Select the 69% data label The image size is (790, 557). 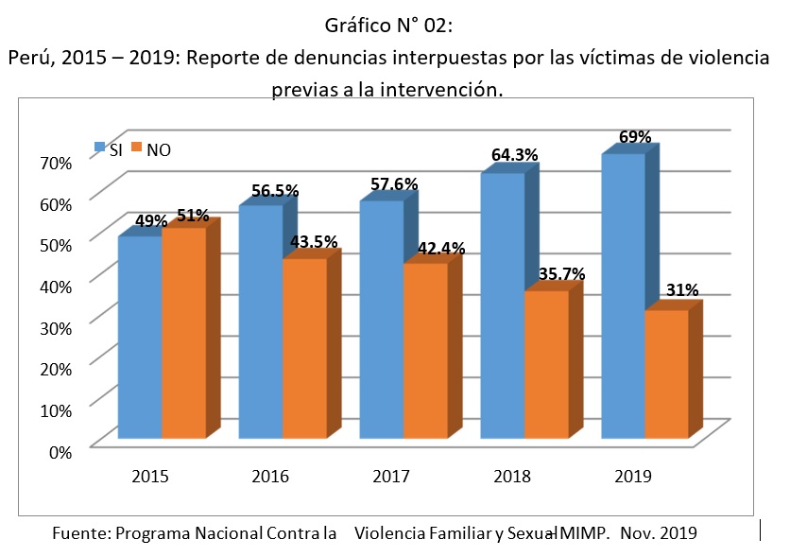635,137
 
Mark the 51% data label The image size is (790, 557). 193,216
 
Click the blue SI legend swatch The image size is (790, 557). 99,148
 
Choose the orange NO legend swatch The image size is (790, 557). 135,148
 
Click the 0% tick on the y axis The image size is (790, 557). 60,451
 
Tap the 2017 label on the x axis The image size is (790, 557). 391,476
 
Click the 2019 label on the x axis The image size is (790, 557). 632,476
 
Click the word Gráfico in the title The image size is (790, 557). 365,25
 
